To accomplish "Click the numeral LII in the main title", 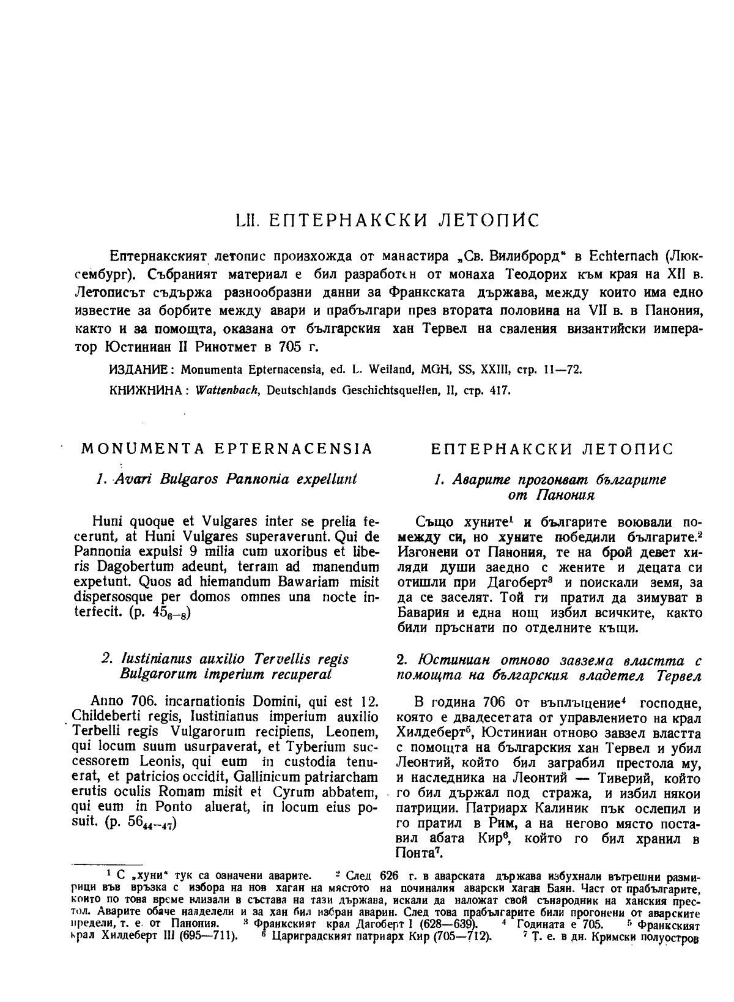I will point(248,220).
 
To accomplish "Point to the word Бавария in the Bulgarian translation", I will point(421,613).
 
